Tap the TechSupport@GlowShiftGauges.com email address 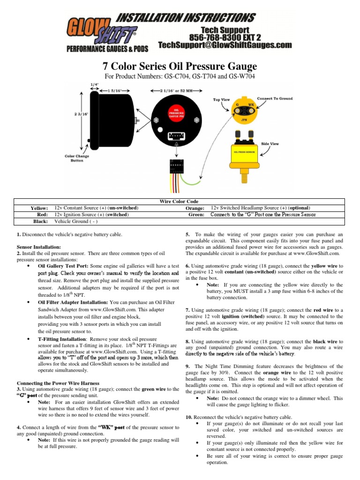[x=225, y=45]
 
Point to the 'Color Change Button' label [x=77, y=158]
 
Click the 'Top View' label [x=222, y=99]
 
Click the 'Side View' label [x=270, y=143]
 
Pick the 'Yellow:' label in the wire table [x=39, y=208]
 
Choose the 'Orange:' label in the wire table [x=195, y=208]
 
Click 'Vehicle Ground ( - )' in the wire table [x=76, y=221]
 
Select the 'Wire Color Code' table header [x=179, y=201]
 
